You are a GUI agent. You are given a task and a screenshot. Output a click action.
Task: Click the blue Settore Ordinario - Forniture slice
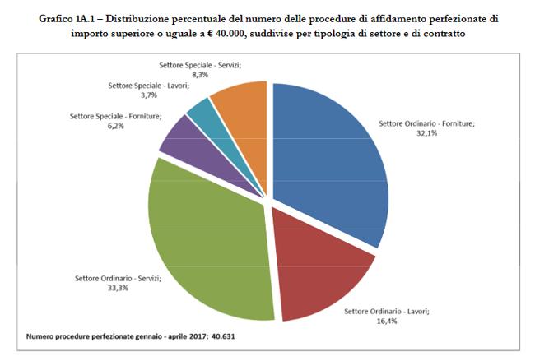pos(329,156)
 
